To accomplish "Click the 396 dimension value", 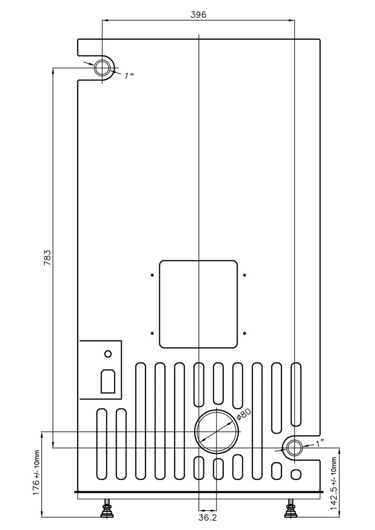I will click(x=198, y=14).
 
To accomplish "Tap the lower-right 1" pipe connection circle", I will click(x=294, y=449).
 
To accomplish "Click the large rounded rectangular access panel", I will click(x=198, y=304).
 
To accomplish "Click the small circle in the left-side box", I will click(x=108, y=354).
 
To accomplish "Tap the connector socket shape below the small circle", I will click(x=108, y=380).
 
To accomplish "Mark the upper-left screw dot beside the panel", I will click(x=152, y=275).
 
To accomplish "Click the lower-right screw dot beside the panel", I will click(x=245, y=333).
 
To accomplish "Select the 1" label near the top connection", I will click(x=129, y=76).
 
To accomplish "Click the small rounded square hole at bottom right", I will click(x=297, y=473).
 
